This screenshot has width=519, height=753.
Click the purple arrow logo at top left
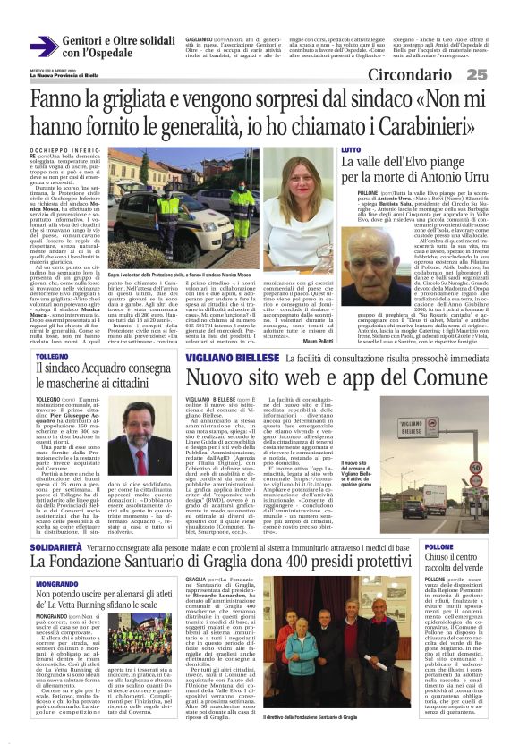tap(44, 47)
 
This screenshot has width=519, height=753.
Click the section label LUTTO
tap(351, 150)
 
